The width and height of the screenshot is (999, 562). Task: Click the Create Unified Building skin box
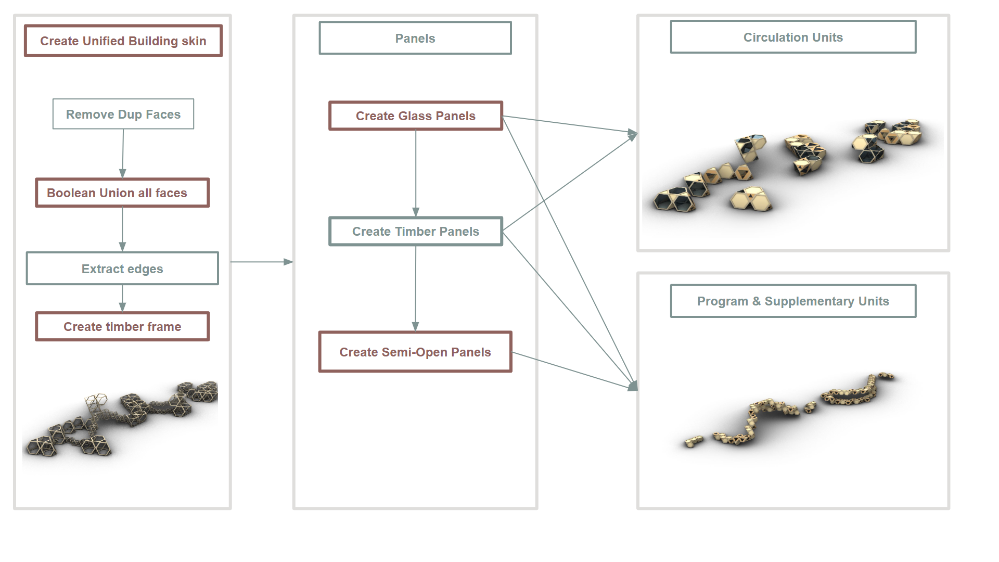pos(123,41)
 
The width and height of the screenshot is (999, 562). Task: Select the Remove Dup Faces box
pos(123,114)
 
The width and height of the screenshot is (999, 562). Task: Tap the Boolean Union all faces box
pos(122,193)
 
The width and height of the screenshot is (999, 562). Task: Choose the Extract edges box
pos(122,269)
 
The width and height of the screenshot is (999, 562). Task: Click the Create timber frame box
pos(122,326)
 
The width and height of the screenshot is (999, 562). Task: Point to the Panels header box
pos(415,38)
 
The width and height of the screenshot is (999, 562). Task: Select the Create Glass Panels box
pos(416,116)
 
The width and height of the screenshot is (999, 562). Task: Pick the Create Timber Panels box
pos(416,231)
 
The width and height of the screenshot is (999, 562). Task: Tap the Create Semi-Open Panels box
pos(415,352)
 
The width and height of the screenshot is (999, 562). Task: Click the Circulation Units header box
pos(793,37)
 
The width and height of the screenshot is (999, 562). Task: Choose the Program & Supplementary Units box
pos(793,301)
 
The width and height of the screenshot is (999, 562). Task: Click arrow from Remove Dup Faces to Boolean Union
pos(123,154)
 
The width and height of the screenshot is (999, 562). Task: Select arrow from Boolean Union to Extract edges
pos(122,229)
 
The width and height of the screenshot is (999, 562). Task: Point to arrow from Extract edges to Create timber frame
pos(122,298)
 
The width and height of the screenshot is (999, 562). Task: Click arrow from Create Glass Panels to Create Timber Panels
pos(416,173)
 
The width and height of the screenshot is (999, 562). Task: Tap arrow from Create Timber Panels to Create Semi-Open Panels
pos(415,288)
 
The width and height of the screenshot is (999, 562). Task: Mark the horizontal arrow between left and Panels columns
pos(262,262)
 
